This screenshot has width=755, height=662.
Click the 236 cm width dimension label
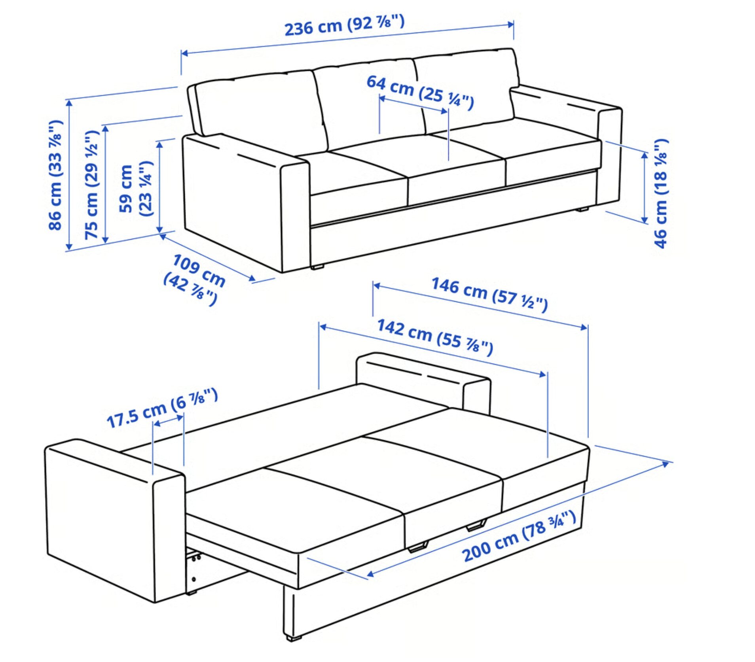[x=344, y=25]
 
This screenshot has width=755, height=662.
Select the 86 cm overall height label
[x=55, y=174]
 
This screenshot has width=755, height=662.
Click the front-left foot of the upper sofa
[x=317, y=267]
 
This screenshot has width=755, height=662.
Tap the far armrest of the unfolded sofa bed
[x=423, y=380]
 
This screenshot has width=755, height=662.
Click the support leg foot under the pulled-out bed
[x=293, y=637]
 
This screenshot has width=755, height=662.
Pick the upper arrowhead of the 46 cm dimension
[x=644, y=155]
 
